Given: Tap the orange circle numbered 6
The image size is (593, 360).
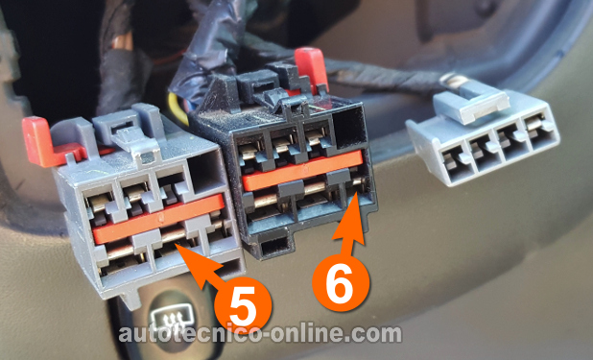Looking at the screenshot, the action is pyautogui.click(x=341, y=283).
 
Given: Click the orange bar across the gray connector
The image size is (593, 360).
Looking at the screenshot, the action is pyautogui.click(x=159, y=219).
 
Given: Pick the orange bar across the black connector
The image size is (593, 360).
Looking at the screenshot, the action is pyautogui.click(x=302, y=170).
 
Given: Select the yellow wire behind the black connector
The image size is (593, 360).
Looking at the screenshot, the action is pyautogui.click(x=178, y=108).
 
